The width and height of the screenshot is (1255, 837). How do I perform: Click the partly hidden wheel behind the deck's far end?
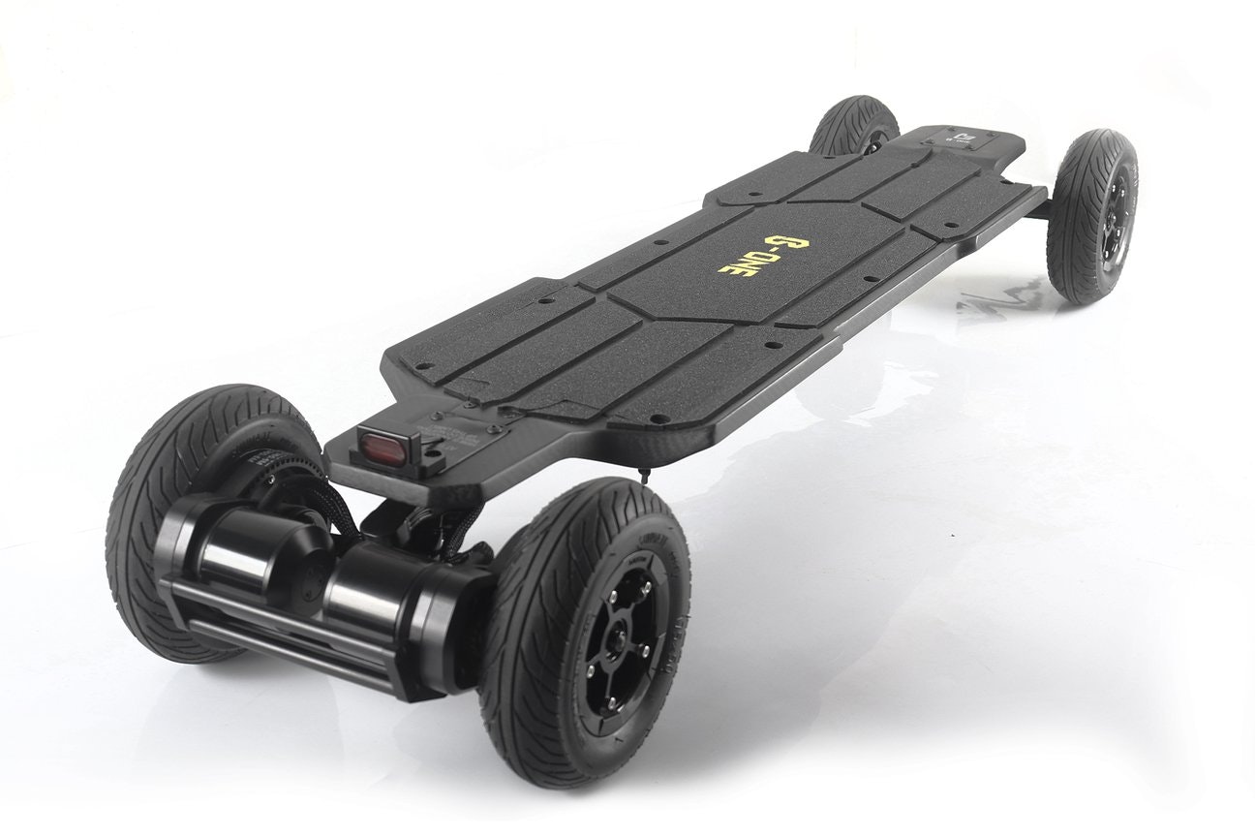coord(852,126)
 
